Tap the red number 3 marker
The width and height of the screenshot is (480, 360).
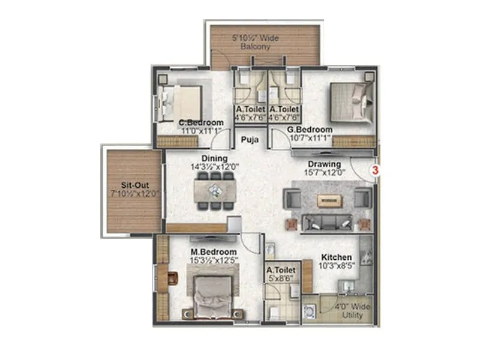(376, 170)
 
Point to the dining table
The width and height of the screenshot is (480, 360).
(215, 191)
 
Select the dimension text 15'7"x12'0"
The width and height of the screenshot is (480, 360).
(325, 173)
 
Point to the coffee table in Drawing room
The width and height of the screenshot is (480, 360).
(329, 200)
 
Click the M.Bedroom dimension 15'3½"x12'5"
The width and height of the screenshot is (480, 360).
(214, 260)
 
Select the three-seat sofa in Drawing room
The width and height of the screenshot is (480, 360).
(328, 223)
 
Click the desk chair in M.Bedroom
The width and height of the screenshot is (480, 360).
(173, 278)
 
